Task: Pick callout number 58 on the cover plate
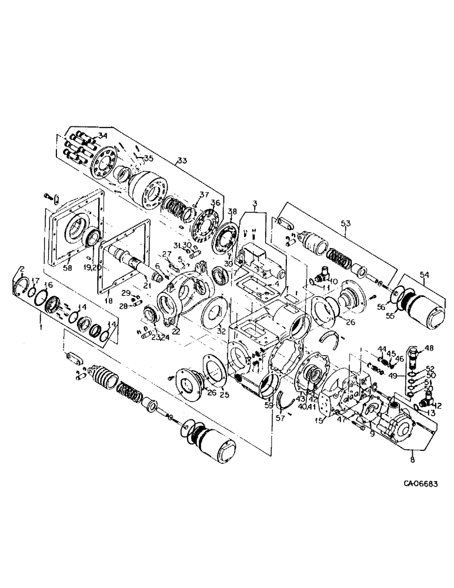(x=67, y=268)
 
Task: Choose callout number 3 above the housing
(x=255, y=203)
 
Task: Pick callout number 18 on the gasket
(x=107, y=300)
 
